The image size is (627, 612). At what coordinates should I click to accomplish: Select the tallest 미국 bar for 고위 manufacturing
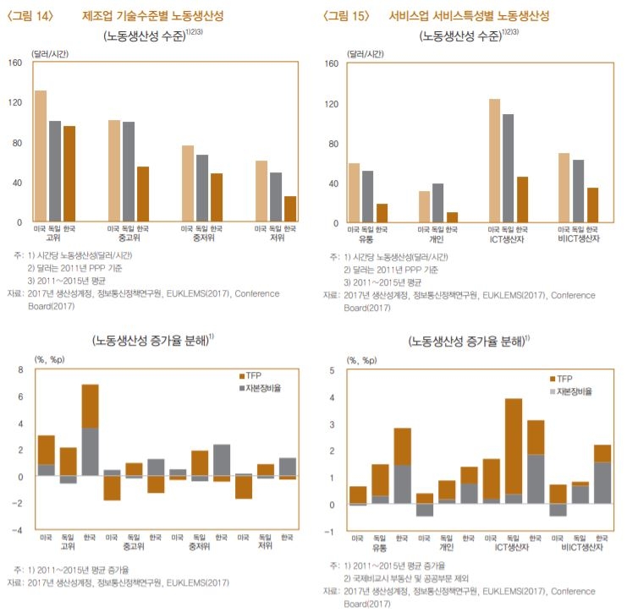(x=40, y=156)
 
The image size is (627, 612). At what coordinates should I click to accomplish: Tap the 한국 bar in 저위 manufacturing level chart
(x=290, y=209)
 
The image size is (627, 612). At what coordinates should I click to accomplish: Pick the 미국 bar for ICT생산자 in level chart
(x=494, y=161)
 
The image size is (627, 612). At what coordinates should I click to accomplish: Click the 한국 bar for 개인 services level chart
(x=453, y=216)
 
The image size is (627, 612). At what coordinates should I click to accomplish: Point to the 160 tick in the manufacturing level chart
(x=15, y=63)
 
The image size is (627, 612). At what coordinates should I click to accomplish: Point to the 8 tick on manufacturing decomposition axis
(x=19, y=370)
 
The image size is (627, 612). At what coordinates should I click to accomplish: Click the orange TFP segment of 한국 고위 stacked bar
(x=91, y=407)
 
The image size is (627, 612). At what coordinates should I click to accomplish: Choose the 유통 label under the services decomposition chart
(x=379, y=548)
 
